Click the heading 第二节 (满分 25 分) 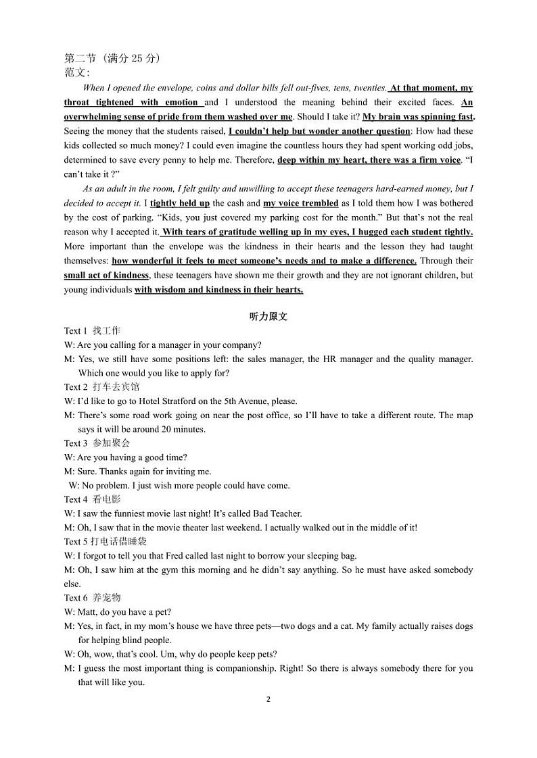click(112, 58)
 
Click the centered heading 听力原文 click(268, 316)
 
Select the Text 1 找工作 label click(92, 330)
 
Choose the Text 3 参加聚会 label click(97, 443)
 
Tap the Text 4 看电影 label click(92, 499)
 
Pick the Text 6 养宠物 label click(92, 598)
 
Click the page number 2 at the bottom click(268, 699)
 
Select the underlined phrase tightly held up click(179, 203)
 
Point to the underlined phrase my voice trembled click(300, 203)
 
